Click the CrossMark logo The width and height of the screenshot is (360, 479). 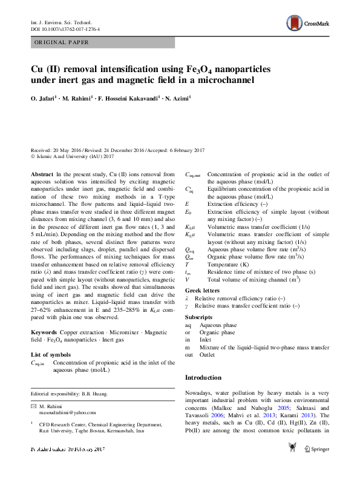pos(309,23)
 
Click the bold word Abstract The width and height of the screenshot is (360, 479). pos(42,174)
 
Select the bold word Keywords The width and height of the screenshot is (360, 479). pos(44,333)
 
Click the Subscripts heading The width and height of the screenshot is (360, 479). pos(200,317)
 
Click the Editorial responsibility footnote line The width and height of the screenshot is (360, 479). pos(69,394)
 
